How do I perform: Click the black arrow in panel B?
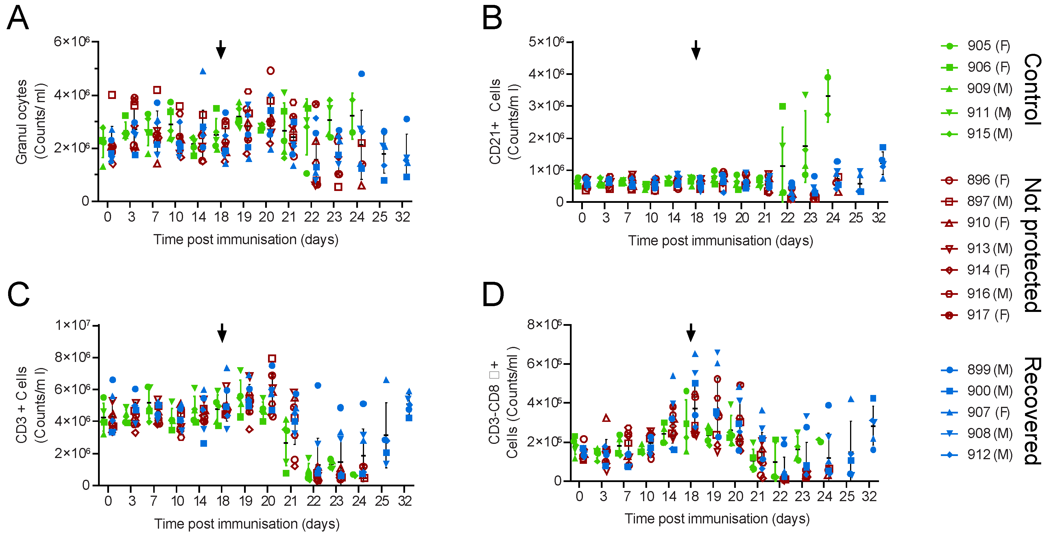click(x=696, y=50)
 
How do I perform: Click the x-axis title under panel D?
click(x=717, y=519)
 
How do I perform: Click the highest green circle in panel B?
click(x=828, y=78)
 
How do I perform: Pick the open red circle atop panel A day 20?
click(x=270, y=71)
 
